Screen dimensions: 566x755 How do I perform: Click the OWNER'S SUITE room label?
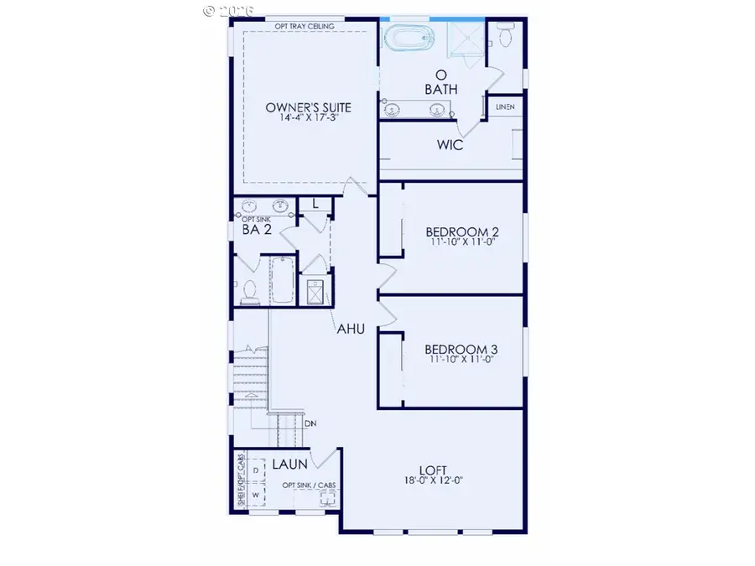[x=308, y=107]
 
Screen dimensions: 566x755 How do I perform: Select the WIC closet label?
[x=450, y=145]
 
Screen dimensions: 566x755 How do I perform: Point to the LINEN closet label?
[x=505, y=107]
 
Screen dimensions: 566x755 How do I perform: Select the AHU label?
[x=351, y=330]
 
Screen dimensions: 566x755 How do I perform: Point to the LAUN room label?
[x=289, y=463]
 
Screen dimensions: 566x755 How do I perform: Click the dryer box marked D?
[x=255, y=471]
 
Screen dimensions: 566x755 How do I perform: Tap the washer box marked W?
[x=255, y=495]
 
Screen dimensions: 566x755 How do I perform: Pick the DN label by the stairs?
[x=310, y=423]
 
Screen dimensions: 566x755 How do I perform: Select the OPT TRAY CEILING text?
[x=305, y=27]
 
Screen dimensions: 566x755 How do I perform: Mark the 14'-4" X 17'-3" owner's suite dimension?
[x=308, y=119]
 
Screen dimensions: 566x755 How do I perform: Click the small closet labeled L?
[x=315, y=204]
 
